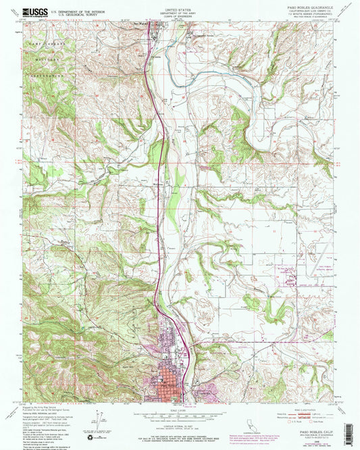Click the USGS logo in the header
pos(34,11)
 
